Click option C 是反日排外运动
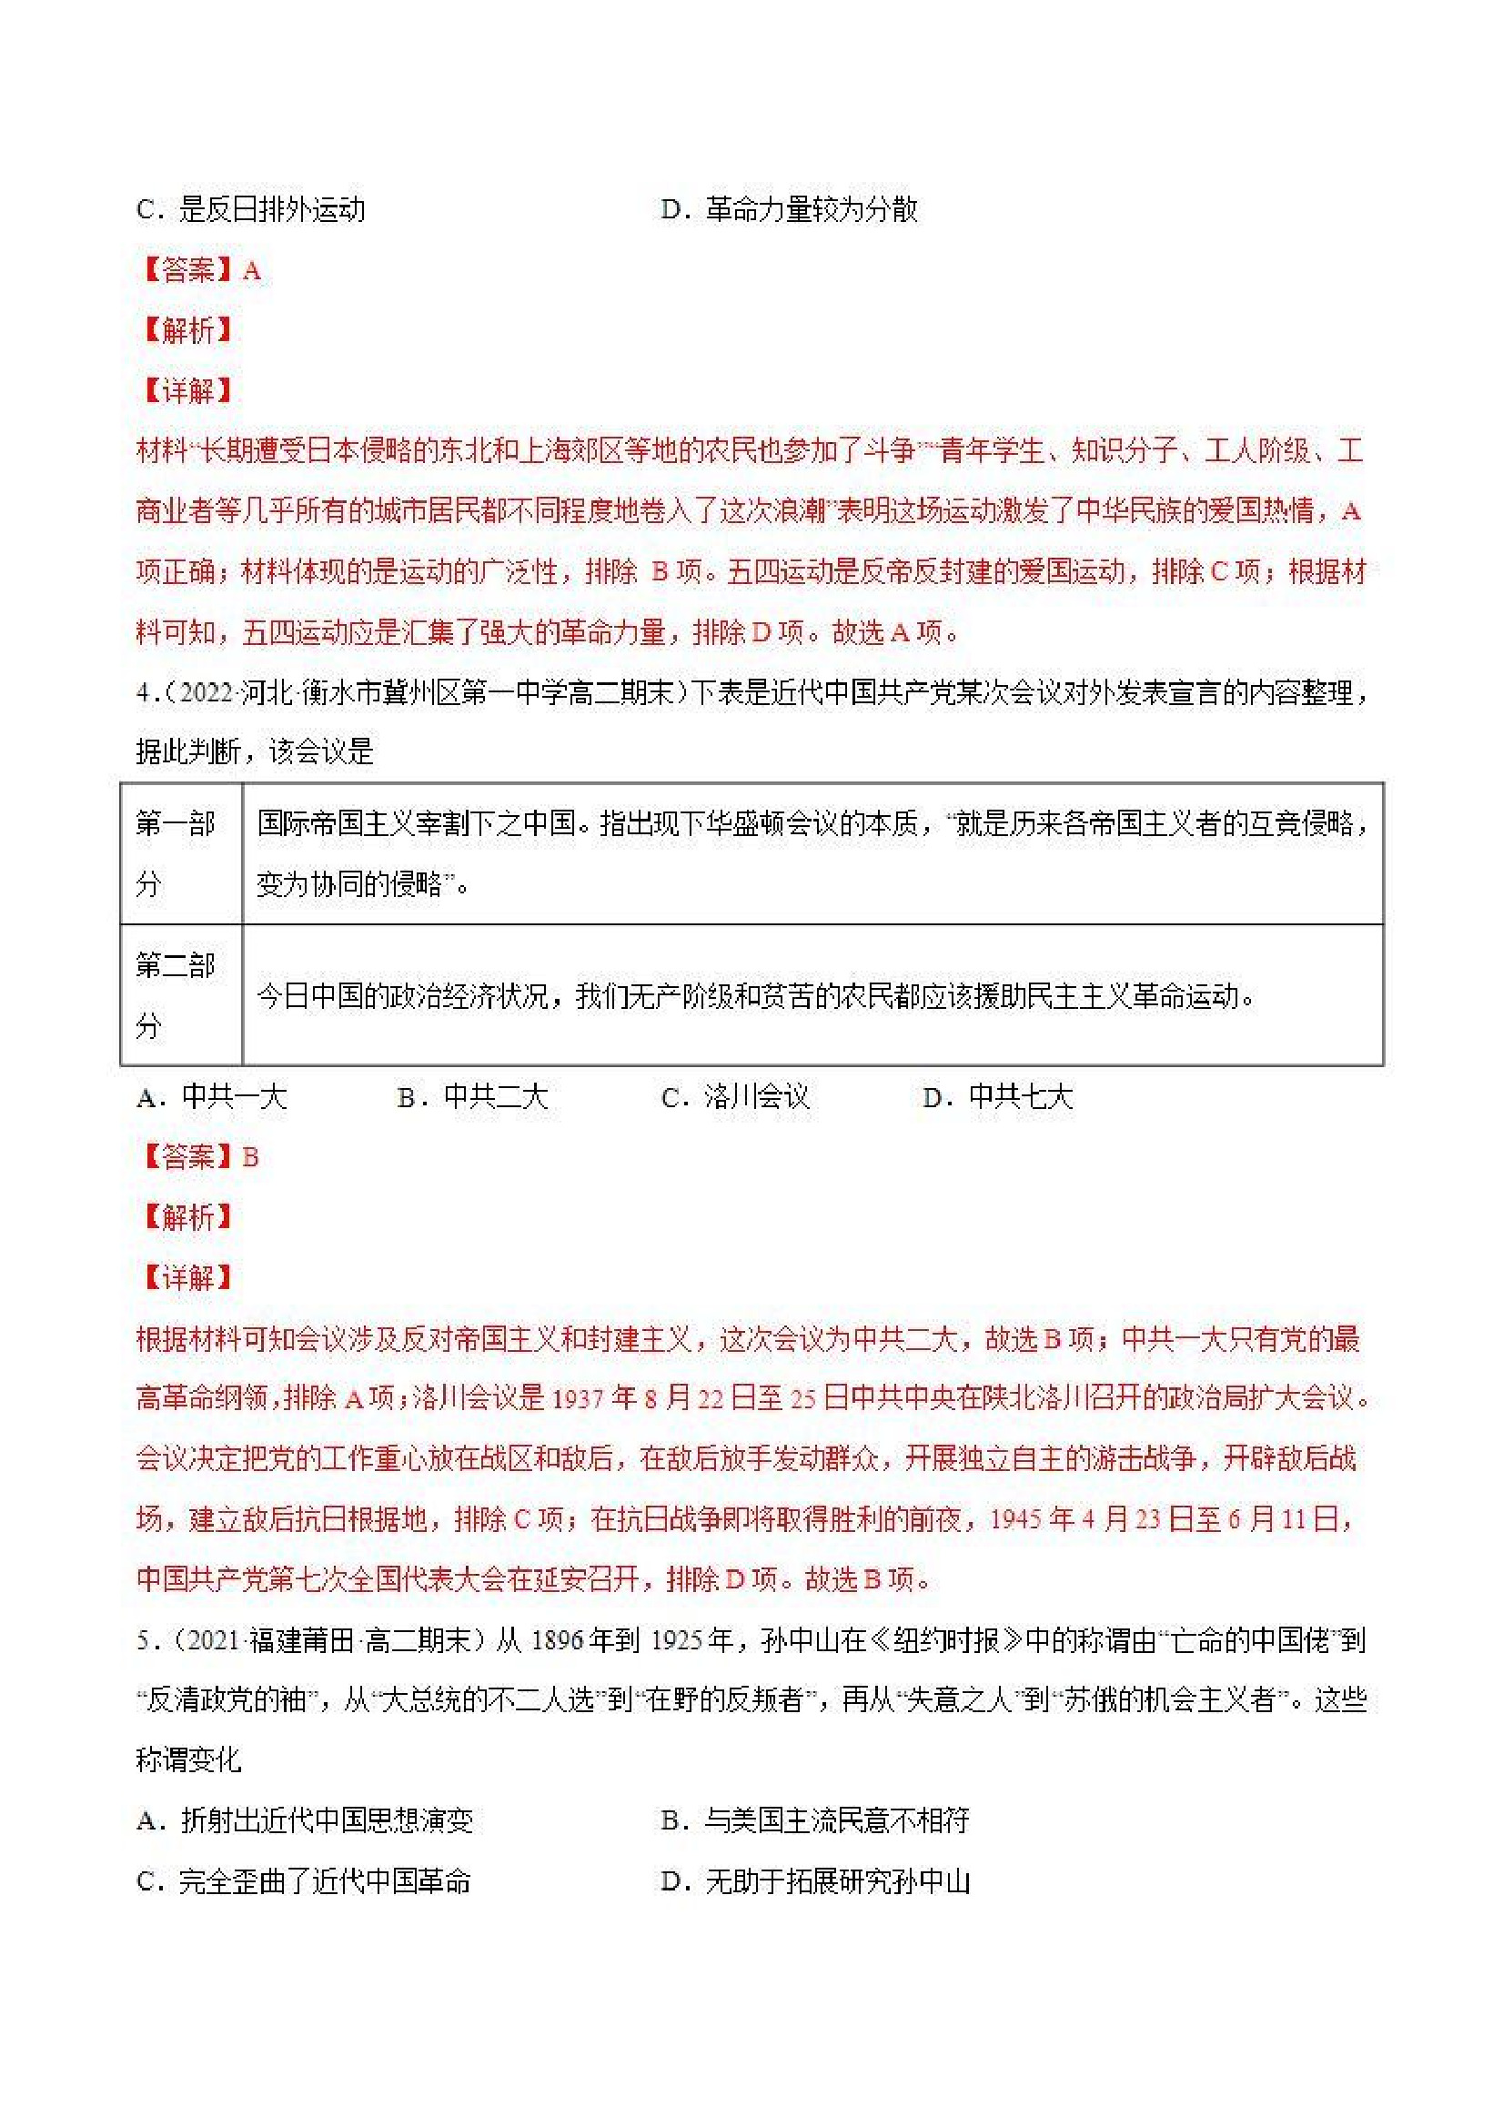tap(250, 209)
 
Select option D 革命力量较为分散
tap(789, 209)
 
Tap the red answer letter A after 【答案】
tap(251, 270)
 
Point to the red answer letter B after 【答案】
tap(250, 1157)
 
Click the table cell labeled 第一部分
tap(177, 853)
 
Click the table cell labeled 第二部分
tap(177, 995)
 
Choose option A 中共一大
tap(212, 1097)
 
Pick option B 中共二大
tap(472, 1097)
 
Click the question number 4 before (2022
tap(143, 692)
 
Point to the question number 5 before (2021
tap(143, 1640)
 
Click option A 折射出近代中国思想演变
tap(305, 1820)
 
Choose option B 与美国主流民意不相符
tap(814, 1820)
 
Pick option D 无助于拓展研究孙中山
tap(814, 1881)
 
